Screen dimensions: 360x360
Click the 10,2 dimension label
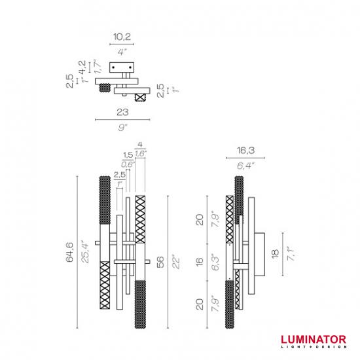(122, 37)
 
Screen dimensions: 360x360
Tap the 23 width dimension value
(122, 113)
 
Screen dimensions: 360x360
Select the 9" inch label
(122, 127)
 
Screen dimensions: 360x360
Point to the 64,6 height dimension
(69, 252)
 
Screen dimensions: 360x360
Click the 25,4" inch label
(84, 251)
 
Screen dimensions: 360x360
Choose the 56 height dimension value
(160, 262)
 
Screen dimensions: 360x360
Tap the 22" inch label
(176, 262)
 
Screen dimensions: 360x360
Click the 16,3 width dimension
(245, 151)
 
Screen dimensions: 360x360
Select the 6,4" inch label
(245, 166)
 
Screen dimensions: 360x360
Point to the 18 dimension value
(275, 254)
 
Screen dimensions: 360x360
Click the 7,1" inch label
(291, 253)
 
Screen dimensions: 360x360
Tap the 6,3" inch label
(215, 262)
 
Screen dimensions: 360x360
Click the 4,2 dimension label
(82, 67)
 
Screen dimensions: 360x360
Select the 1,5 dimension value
(128, 155)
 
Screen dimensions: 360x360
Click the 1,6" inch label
(140, 154)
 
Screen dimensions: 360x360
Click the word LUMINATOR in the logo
(314, 340)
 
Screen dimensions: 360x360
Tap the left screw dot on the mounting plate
(113, 67)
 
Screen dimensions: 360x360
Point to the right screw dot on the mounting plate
(130, 67)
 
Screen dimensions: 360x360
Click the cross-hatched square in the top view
(140, 98)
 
